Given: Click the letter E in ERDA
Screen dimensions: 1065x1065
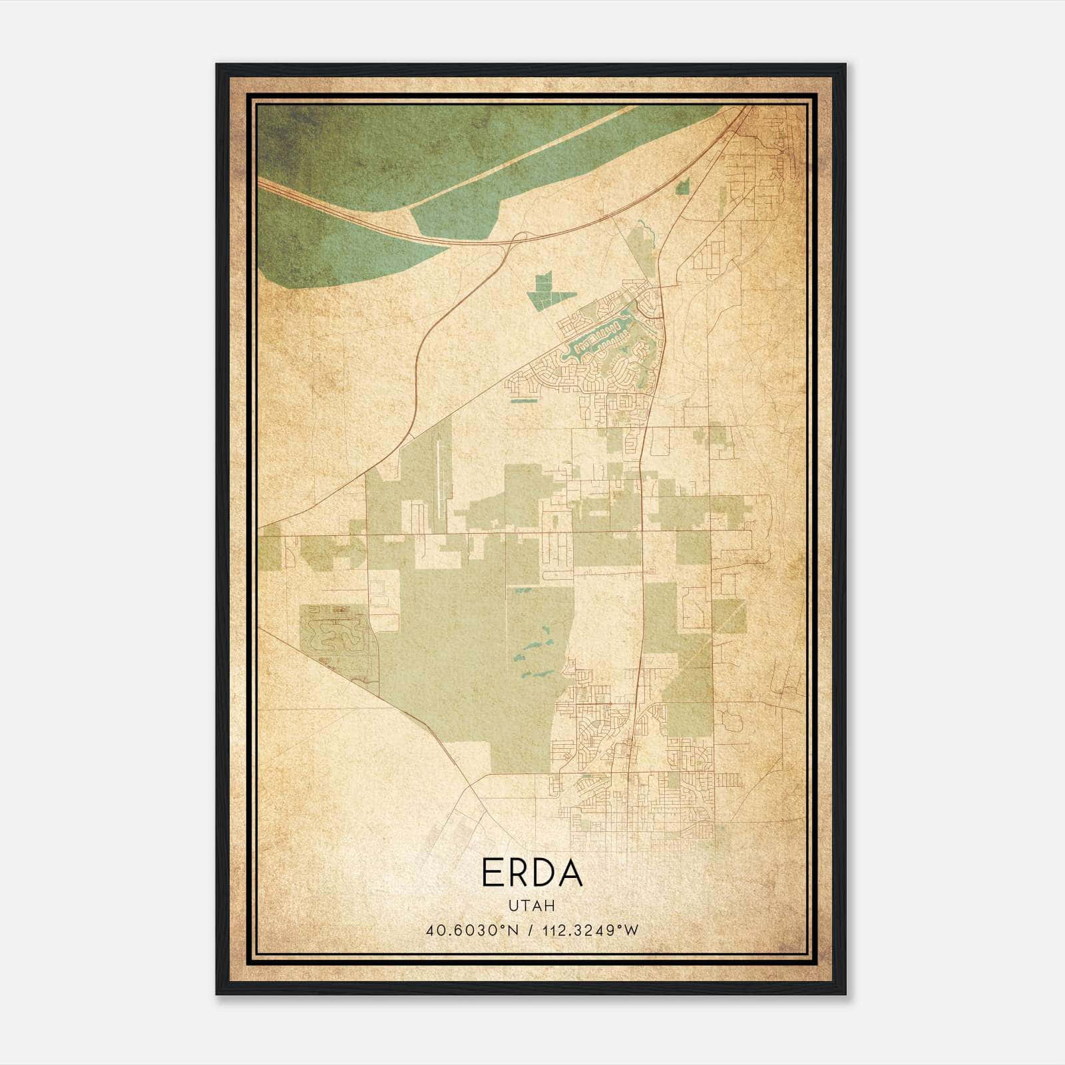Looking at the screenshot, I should click(492, 873).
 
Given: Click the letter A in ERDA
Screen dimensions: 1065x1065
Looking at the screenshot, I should click(570, 873).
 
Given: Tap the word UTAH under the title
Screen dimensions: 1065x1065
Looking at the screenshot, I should click(532, 906).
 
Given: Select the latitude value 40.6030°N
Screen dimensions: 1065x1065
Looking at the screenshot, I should click(473, 931).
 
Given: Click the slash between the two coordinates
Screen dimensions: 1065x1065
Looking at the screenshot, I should click(531, 931).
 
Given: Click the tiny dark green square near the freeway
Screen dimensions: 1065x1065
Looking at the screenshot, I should click(682, 188).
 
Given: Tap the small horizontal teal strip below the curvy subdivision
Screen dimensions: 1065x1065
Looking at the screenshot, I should click(524, 401).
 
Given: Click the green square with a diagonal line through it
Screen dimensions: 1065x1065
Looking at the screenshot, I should click(729, 616).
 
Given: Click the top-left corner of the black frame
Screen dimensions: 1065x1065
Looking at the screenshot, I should click(218, 65).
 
